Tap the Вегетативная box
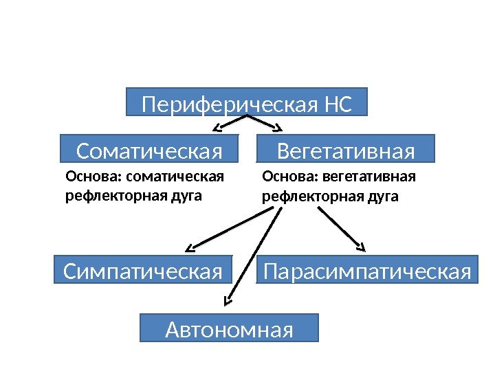point(346,149)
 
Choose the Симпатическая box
point(143,270)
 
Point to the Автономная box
point(230,328)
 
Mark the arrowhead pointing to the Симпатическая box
point(190,248)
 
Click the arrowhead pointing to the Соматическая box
point(215,128)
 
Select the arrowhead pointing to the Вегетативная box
point(278,128)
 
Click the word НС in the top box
point(338,106)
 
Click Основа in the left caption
point(84,178)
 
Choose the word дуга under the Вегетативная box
point(384,196)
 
